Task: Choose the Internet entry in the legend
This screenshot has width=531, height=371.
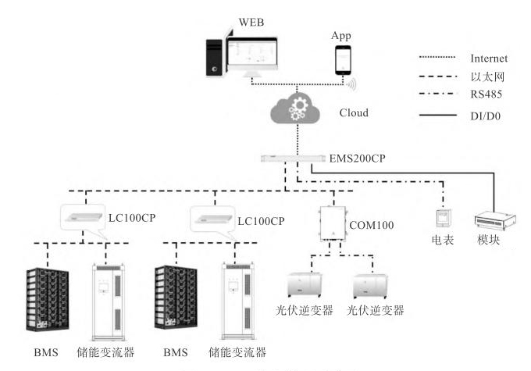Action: coord(489,59)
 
